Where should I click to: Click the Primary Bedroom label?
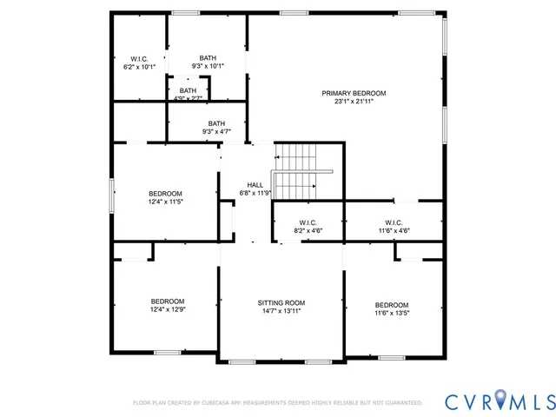coord(354,93)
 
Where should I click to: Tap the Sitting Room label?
coord(281,302)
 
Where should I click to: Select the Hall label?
coord(255,184)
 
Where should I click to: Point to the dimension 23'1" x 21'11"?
coord(354,102)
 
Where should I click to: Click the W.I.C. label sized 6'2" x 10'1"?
coord(140,58)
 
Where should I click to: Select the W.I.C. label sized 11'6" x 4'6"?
coord(394,222)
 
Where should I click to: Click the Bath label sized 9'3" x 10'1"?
coord(208,57)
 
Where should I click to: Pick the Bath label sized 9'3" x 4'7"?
coord(215,123)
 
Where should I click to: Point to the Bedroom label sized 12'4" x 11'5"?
coord(165,193)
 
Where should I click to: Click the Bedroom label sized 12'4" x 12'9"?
coord(168,301)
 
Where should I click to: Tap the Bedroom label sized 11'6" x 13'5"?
coord(392,304)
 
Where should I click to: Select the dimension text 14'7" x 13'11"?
coord(281,311)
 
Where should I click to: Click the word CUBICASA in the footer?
coord(227,403)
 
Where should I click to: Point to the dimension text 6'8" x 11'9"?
coord(255,193)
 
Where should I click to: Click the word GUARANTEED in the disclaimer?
coord(402,403)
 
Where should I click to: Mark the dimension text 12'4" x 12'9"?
coord(168,309)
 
